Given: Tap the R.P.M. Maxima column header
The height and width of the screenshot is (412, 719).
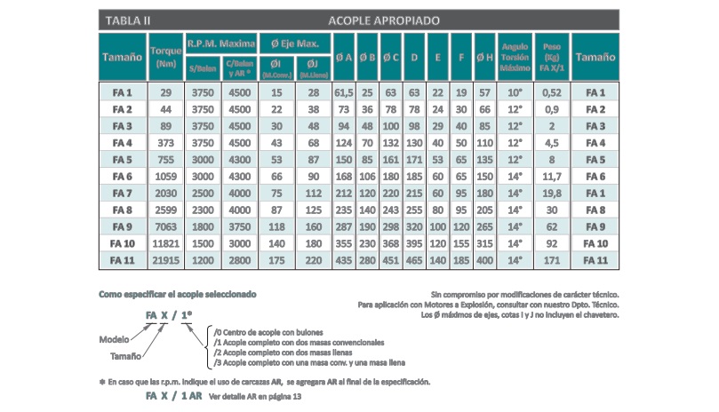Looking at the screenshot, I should point(221,42).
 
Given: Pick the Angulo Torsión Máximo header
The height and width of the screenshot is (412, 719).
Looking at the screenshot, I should point(515,57).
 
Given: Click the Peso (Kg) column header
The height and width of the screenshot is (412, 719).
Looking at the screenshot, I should point(552,57).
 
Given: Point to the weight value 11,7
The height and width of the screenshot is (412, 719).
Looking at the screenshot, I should point(552,177).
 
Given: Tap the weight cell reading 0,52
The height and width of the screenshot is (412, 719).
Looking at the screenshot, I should point(552,92).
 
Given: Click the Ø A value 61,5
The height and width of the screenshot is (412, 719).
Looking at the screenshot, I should point(344,92).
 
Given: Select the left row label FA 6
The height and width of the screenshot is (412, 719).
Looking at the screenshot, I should point(123,177).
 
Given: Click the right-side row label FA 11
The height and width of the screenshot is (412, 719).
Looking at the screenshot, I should point(595,260).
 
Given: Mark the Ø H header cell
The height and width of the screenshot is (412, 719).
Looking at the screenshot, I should point(484,57).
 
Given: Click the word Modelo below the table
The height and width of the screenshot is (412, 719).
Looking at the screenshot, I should point(116,338).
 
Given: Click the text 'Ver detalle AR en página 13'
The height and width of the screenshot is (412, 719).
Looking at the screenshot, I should point(255,397).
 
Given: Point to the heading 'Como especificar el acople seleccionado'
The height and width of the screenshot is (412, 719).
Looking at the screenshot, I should point(178,292).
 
